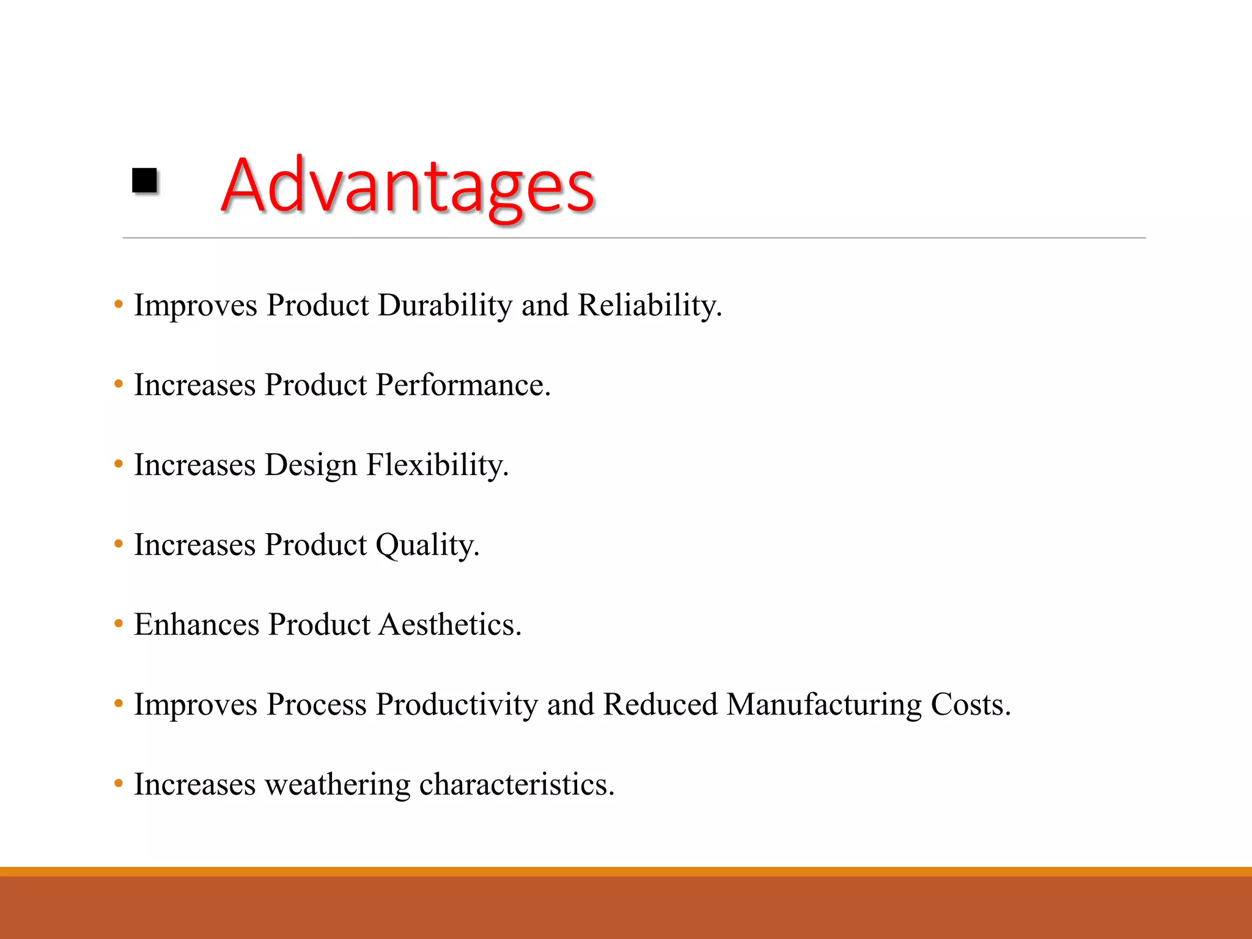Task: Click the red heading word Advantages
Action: pos(407,186)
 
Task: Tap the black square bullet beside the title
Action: pos(145,181)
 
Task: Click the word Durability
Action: pos(444,306)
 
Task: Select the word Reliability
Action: pos(649,306)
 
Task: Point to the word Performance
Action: pos(463,386)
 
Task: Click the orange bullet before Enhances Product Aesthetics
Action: pos(119,624)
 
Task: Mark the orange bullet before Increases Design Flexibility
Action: pos(119,465)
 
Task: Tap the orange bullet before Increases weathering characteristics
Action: pos(119,784)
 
